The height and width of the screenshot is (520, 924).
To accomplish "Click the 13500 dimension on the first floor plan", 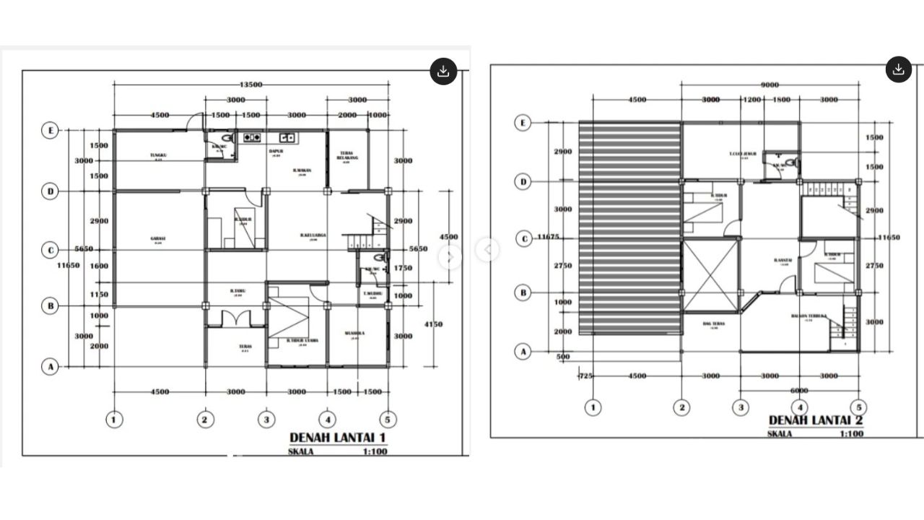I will click(x=250, y=84).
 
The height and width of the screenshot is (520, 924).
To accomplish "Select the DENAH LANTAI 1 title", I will click(x=338, y=438).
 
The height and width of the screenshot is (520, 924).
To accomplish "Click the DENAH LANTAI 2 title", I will click(x=816, y=420).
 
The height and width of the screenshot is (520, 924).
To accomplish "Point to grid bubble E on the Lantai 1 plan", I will click(x=50, y=131).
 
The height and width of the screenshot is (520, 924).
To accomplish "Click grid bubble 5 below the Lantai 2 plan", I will click(x=858, y=407).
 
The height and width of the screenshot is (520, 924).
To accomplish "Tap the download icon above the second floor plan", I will click(x=898, y=69).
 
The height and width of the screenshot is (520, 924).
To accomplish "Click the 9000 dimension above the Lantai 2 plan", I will click(x=770, y=84).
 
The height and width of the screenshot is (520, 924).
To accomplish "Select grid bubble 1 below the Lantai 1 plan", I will click(x=114, y=419).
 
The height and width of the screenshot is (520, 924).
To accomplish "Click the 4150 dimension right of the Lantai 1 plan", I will click(x=433, y=325).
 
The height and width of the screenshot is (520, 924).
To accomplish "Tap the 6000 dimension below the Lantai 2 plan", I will click(x=798, y=391).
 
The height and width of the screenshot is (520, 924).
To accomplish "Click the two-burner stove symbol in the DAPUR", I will click(x=252, y=136).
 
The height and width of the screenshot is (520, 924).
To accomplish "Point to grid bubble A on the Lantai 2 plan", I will click(x=524, y=352).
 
